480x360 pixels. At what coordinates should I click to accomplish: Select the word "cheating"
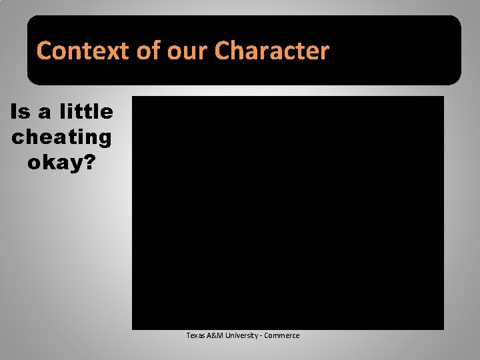coord(61,137)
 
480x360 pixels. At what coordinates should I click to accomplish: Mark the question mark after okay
coord(90,162)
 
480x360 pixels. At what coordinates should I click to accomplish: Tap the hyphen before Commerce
coord(261,335)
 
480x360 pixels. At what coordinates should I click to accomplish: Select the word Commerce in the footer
coord(282,335)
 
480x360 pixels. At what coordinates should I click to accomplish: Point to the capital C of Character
coord(224,51)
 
